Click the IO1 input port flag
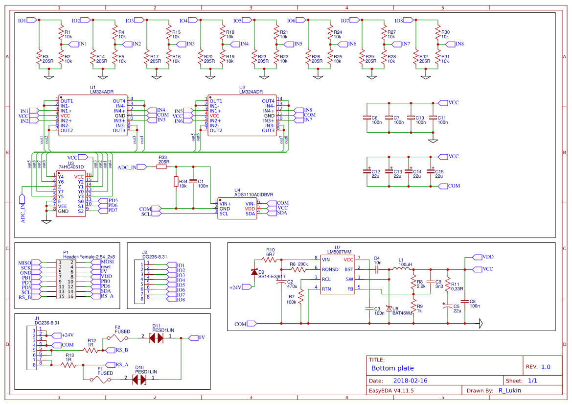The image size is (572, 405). [31, 20]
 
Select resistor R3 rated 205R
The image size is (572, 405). [39, 58]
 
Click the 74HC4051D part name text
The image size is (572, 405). [71, 167]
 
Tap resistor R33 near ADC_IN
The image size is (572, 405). [162, 167]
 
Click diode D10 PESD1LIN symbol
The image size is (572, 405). [139, 380]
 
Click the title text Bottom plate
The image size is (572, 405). [392, 368]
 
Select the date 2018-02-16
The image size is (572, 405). [411, 381]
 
